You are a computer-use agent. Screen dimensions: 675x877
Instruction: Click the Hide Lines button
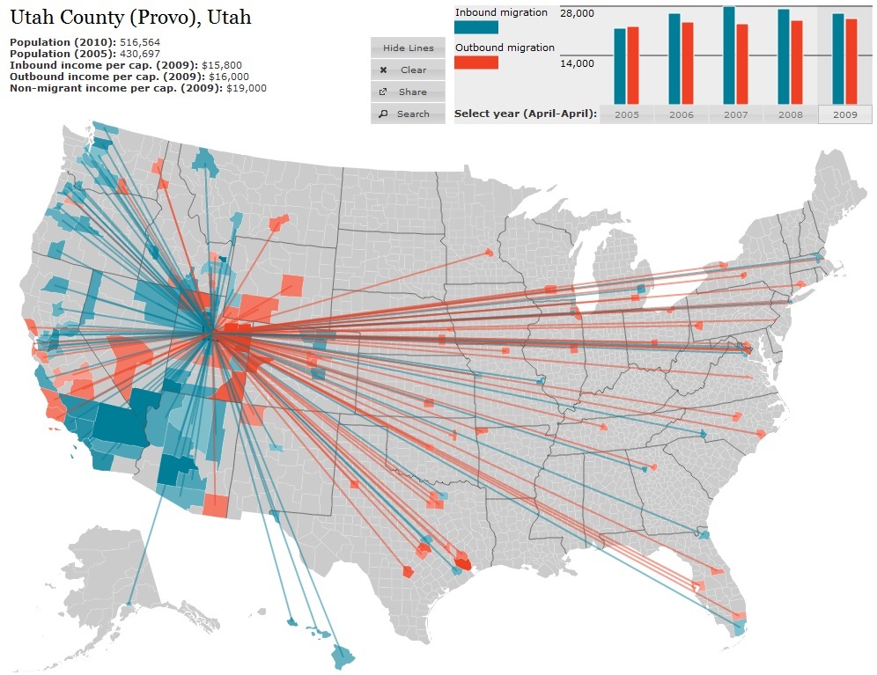408,48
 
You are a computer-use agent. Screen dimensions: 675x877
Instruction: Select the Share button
408,92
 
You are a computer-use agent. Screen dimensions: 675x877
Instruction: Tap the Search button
408,114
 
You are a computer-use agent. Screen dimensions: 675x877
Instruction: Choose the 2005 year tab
627,114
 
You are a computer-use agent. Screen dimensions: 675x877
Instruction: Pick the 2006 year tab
681,114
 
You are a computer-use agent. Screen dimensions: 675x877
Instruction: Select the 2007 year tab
736,114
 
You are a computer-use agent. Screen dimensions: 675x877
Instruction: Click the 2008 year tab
790,114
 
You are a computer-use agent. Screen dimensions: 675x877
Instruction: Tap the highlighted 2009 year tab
844,114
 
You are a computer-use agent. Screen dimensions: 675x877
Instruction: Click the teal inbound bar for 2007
729,55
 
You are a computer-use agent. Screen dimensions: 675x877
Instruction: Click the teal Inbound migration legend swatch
476,27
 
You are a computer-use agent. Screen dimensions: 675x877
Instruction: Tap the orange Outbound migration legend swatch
476,62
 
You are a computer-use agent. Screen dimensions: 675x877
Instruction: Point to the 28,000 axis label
577,14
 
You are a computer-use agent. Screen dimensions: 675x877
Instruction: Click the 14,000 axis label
577,63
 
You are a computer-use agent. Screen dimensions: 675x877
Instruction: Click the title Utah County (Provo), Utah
130,17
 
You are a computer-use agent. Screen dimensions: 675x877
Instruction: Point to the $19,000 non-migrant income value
247,88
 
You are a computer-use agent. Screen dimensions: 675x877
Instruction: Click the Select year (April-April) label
525,114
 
